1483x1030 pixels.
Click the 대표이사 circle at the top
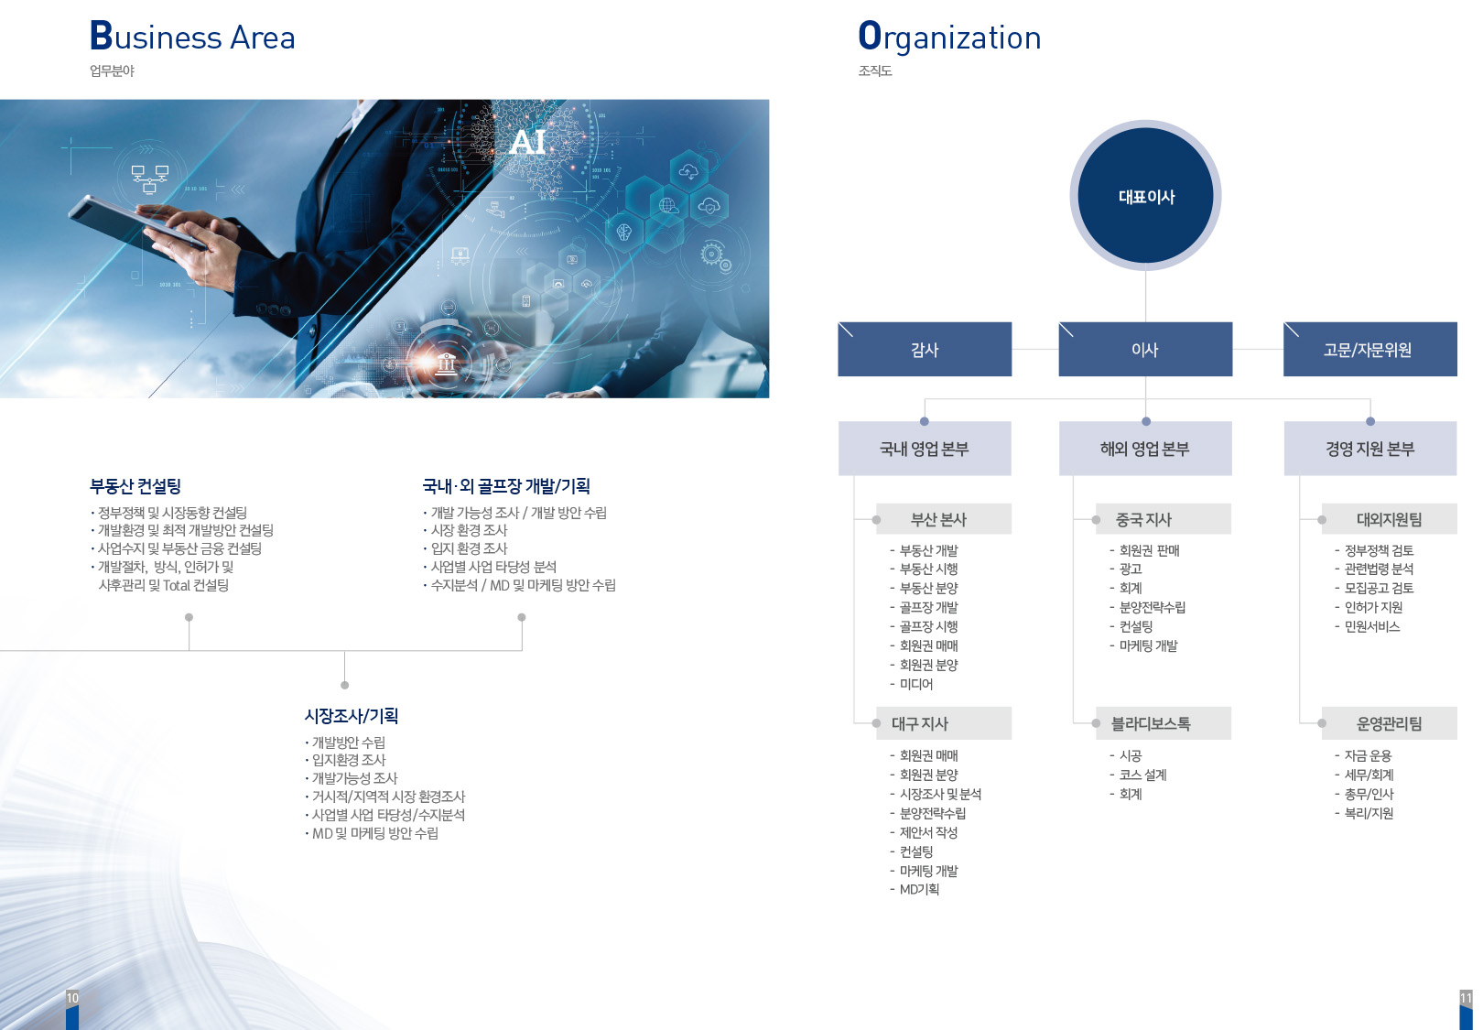(1145, 195)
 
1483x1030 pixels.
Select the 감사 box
(925, 349)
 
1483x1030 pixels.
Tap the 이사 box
(1145, 349)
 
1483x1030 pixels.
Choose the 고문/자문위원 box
(1369, 349)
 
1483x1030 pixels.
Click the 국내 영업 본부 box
(925, 448)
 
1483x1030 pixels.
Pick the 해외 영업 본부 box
(1145, 448)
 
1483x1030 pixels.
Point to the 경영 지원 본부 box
(1369, 448)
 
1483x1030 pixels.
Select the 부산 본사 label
(939, 520)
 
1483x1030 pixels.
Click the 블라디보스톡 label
(1151, 723)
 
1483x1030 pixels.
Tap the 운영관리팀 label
(1389, 723)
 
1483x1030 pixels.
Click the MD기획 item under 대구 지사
(919, 889)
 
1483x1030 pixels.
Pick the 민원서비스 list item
(1371, 626)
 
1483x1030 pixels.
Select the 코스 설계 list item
(1142, 775)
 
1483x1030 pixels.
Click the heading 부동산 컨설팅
(135, 486)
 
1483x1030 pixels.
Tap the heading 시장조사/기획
(351, 716)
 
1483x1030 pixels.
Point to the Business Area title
(192, 36)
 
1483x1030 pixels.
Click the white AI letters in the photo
(527, 142)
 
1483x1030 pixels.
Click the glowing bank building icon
(446, 363)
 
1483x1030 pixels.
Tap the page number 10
(72, 998)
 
